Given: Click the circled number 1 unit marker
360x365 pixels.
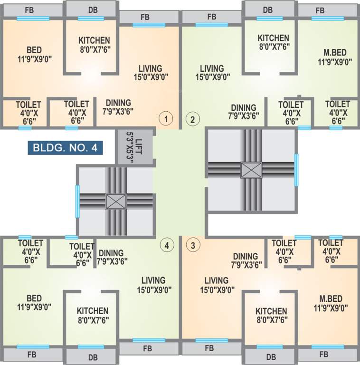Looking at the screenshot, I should pos(166,118).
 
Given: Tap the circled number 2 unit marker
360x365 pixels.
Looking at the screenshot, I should pos(192,118).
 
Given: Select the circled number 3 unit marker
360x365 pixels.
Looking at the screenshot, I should pos(192,245).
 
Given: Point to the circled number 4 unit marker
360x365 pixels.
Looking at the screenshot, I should pos(166,245).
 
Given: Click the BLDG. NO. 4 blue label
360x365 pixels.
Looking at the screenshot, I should pos(65,147).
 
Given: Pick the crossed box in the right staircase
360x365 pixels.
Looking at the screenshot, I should pos(248,169).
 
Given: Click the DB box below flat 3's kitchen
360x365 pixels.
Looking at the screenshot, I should pos(268,356).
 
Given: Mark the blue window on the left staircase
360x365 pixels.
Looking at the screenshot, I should pos(77,202).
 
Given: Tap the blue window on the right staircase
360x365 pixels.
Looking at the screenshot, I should pos(296,170).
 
